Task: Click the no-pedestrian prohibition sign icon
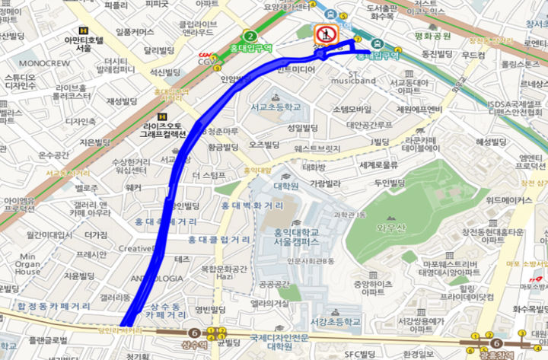point(327,34)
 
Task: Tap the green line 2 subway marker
point(250,37)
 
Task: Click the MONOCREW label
point(43,62)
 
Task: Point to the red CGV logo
point(204,55)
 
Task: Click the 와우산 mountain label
point(387,225)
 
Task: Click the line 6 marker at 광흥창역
point(495,343)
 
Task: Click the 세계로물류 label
point(379,164)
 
